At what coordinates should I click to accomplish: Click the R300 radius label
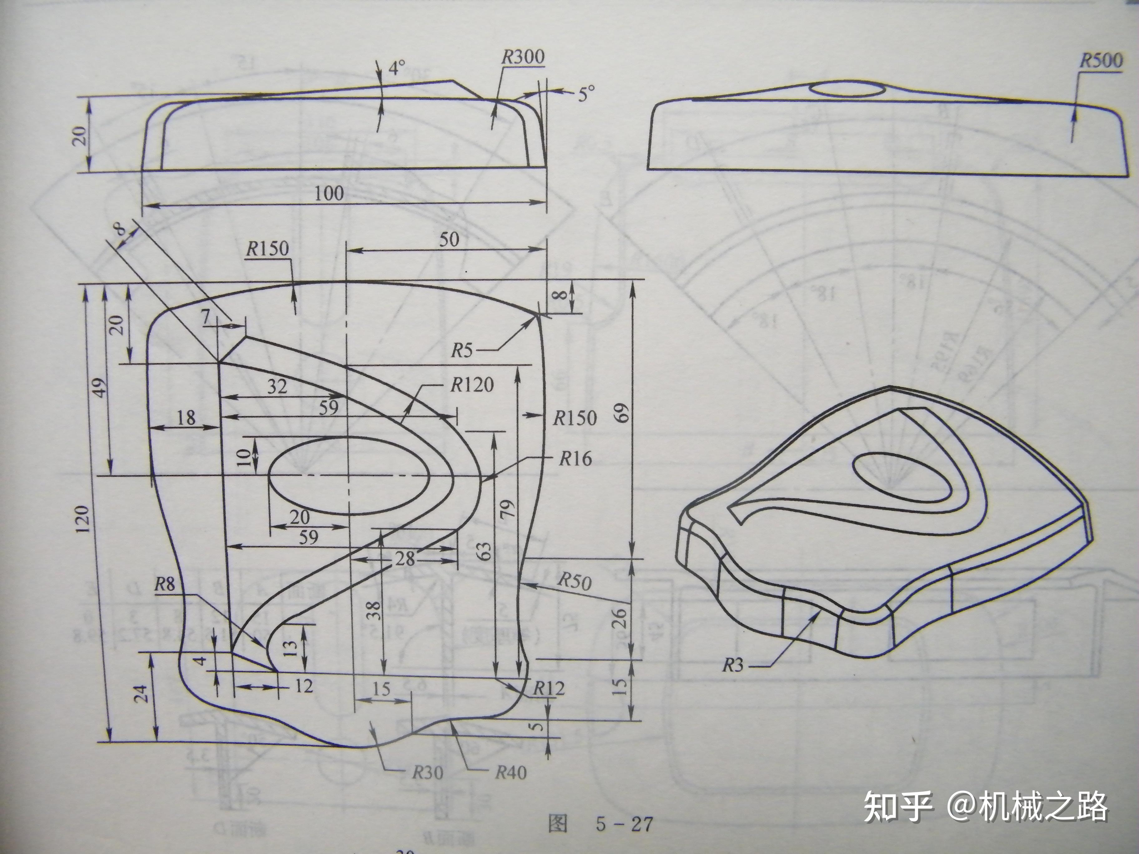click(523, 57)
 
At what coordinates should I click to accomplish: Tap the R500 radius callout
click(1101, 61)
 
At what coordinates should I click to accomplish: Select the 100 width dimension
click(329, 194)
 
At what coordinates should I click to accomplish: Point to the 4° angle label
click(396, 68)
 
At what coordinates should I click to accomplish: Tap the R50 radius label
click(575, 582)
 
